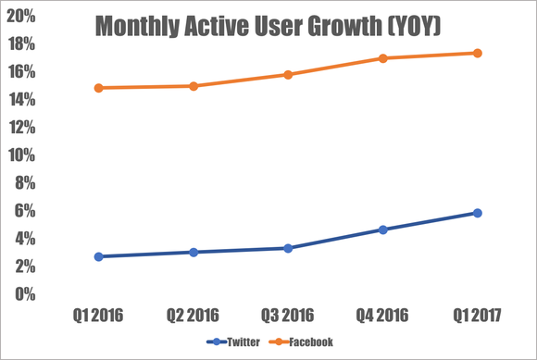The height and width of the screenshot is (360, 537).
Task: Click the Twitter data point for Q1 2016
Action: click(x=98, y=256)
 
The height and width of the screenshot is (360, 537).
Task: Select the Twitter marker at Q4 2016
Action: click(x=382, y=230)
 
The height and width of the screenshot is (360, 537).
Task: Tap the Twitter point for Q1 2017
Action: click(x=478, y=213)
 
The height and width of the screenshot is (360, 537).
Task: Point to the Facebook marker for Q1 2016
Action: click(x=98, y=88)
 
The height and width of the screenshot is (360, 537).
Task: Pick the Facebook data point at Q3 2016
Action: click(x=288, y=74)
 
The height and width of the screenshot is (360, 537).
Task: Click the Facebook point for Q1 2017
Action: click(x=478, y=53)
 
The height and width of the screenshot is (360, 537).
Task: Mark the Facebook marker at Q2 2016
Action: click(x=193, y=86)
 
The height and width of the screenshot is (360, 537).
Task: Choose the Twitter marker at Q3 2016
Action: click(x=288, y=248)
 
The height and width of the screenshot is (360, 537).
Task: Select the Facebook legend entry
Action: click(x=306, y=341)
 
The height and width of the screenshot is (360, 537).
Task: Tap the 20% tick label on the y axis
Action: click(x=23, y=16)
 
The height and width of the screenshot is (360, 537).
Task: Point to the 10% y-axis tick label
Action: click(x=23, y=155)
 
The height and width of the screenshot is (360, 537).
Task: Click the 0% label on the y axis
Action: click(x=27, y=294)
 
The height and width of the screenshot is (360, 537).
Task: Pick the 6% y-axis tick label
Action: click(x=27, y=211)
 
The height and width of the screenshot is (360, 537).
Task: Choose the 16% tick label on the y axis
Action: click(x=23, y=72)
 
